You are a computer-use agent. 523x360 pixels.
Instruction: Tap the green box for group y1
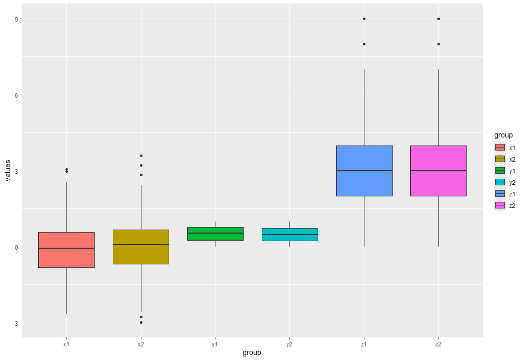click(215, 234)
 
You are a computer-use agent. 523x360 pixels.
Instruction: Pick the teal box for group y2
click(289, 235)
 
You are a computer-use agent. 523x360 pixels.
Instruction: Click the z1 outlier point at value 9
click(364, 19)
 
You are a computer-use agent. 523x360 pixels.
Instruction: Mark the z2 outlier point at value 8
click(438, 44)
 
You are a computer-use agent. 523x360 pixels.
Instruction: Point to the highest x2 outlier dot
click(141, 156)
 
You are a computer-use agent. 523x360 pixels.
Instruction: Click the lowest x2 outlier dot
click(141, 322)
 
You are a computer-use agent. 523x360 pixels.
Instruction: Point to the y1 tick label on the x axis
click(215, 344)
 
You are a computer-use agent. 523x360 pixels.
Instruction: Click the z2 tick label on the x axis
click(438, 344)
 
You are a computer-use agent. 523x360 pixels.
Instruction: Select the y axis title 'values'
click(8, 171)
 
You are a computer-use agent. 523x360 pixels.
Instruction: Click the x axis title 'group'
click(252, 353)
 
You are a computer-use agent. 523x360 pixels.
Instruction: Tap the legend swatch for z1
click(500, 194)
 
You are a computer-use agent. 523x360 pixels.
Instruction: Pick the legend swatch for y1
click(500, 171)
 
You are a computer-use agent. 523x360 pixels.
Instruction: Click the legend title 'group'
click(503, 135)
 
